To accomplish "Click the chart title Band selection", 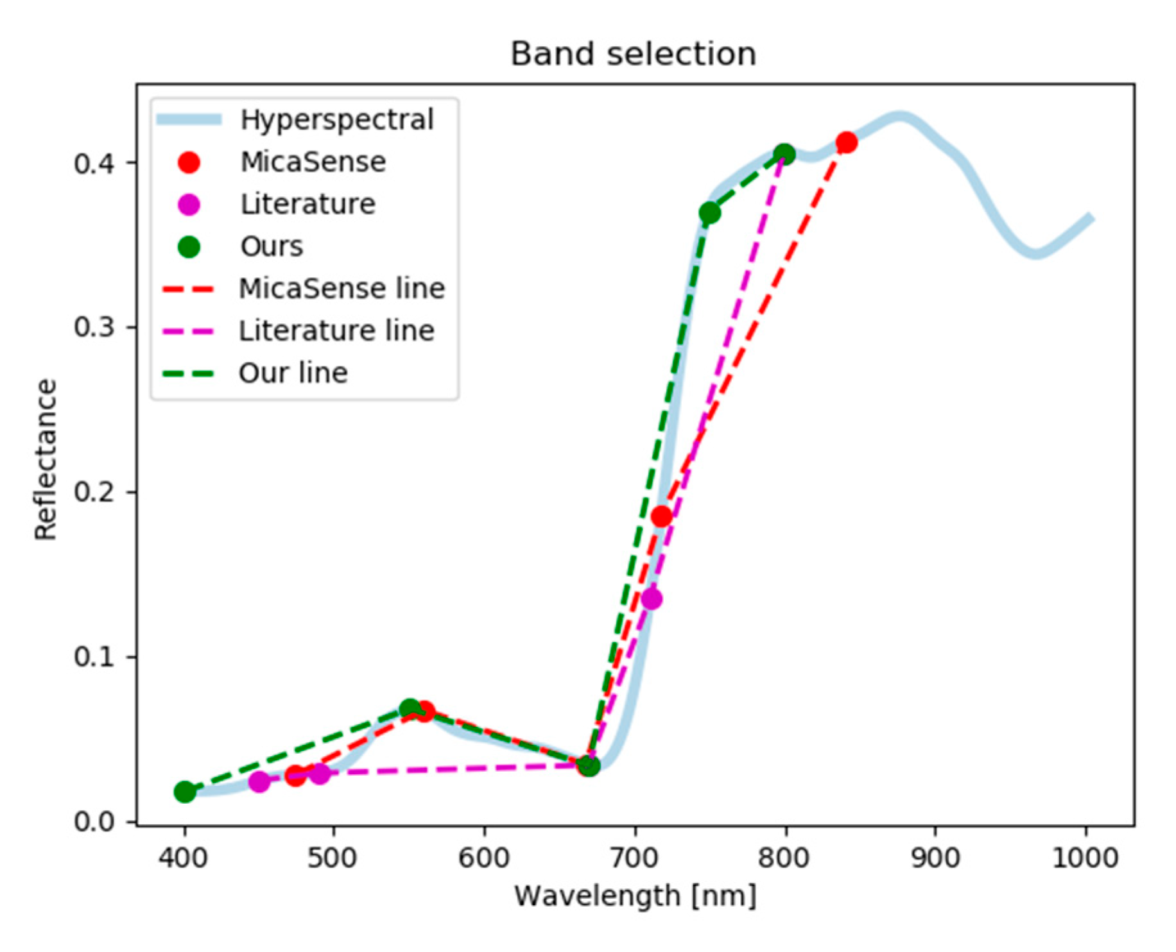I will pyautogui.click(x=633, y=54).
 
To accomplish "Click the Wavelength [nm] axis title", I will pyautogui.click(x=635, y=896).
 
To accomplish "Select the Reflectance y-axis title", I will pyautogui.click(x=46, y=459).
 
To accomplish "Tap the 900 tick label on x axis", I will pyautogui.click(x=935, y=858).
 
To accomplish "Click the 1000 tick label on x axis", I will pyautogui.click(x=1085, y=858).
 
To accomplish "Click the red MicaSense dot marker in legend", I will pyautogui.click(x=189, y=162).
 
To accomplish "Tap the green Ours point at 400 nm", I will pyautogui.click(x=185, y=792).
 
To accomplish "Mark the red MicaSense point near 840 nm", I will pyautogui.click(x=846, y=142).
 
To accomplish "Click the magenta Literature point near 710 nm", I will pyautogui.click(x=652, y=599).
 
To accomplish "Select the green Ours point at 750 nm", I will pyautogui.click(x=709, y=213).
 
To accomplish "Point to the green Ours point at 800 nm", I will pyautogui.click(x=784, y=154).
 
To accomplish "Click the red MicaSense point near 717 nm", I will pyautogui.click(x=661, y=516).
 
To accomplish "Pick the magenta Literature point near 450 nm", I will pyautogui.click(x=259, y=781).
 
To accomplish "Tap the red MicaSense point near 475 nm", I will pyautogui.click(x=295, y=776).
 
